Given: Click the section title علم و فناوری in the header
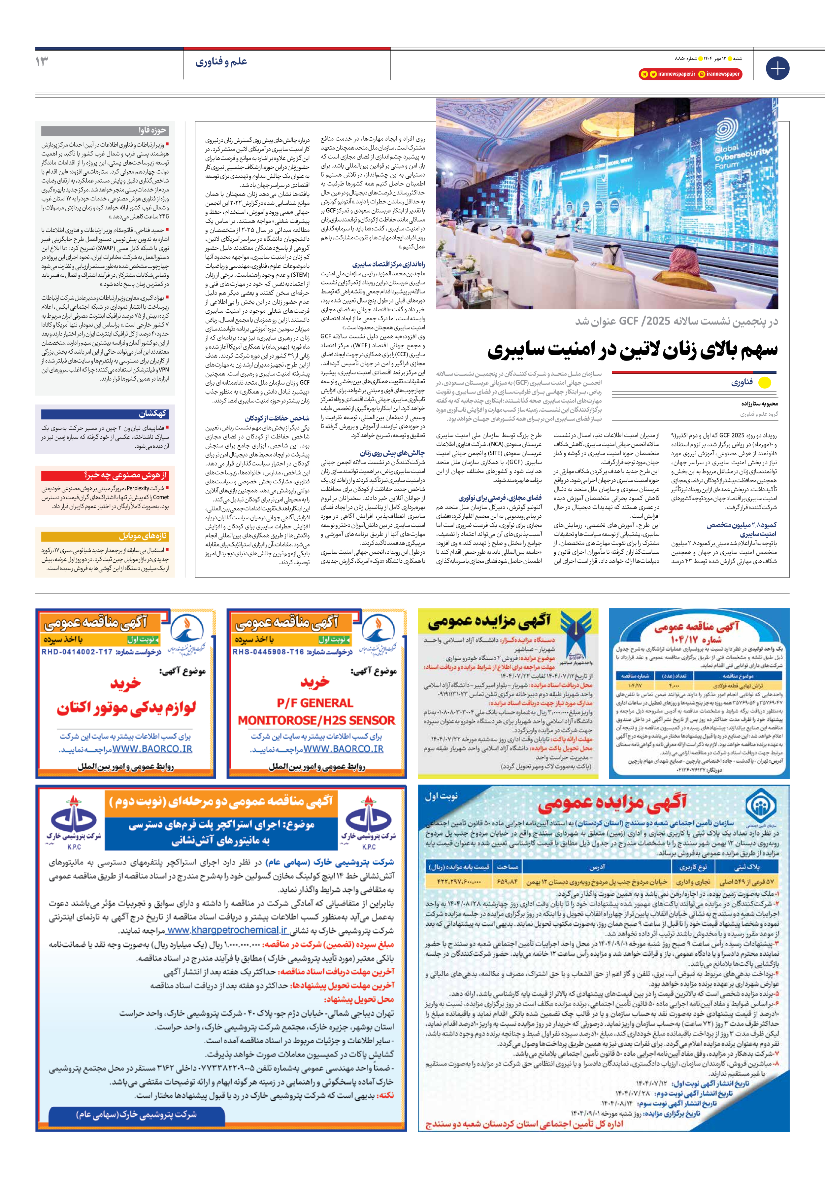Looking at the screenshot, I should coord(221,62).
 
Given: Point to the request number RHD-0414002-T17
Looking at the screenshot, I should coord(77,652).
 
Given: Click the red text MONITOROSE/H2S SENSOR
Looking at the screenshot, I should coord(316,720).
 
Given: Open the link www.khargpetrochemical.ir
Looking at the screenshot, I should coord(227,930).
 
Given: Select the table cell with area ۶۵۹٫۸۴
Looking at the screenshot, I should coord(507,881).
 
